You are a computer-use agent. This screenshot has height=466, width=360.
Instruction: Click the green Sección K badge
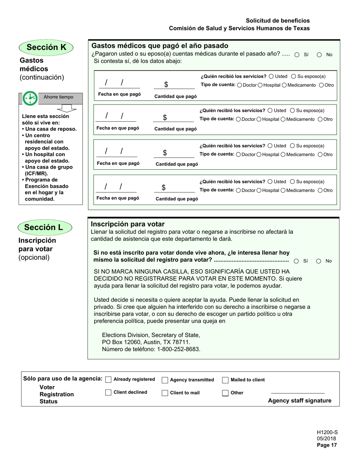click(x=46, y=47)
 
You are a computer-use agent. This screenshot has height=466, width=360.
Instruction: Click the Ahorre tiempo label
click(x=58, y=97)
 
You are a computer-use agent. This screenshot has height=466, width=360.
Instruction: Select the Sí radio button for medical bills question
click(x=297, y=55)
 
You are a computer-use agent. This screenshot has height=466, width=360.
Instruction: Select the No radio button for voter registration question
click(x=319, y=261)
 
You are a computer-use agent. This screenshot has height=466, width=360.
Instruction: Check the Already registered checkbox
click(x=108, y=380)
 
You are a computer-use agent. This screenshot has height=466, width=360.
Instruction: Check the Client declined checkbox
click(x=108, y=393)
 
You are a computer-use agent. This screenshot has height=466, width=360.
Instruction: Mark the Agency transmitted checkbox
click(x=165, y=380)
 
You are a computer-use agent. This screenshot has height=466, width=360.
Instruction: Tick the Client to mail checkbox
click(x=165, y=393)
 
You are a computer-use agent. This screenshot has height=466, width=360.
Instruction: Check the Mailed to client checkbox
click(x=225, y=380)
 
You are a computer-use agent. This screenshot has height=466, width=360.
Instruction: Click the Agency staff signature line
click(x=298, y=393)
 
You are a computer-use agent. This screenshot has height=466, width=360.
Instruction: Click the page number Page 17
click(x=327, y=446)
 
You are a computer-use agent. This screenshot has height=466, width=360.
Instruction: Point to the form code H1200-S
click(x=327, y=432)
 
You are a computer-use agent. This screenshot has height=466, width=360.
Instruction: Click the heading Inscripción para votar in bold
click(x=128, y=224)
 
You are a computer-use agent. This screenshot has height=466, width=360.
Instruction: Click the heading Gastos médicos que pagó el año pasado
click(x=160, y=46)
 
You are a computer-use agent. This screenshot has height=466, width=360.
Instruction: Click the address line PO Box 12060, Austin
click(x=146, y=342)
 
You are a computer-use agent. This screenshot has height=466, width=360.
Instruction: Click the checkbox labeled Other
click(x=225, y=393)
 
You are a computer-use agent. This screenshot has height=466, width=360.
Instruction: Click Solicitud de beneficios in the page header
click(x=277, y=20)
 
